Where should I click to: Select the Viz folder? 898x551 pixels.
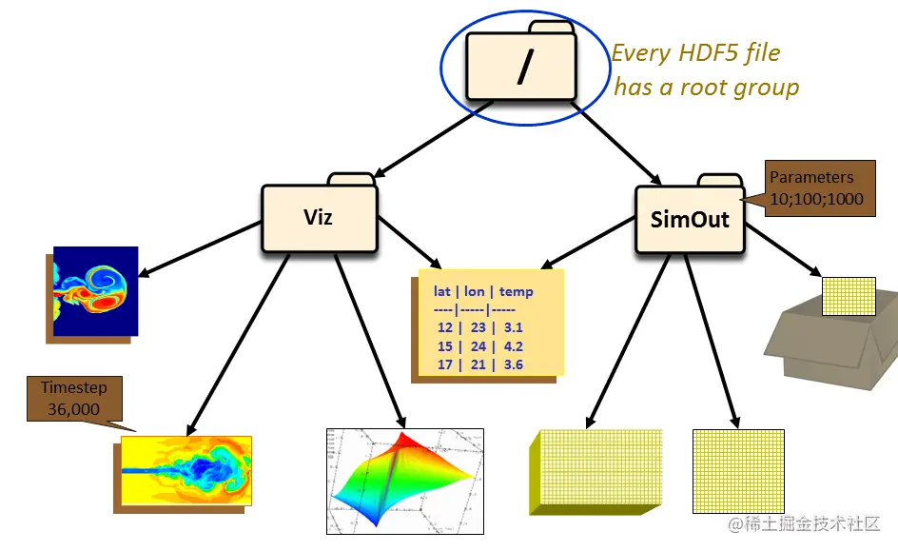(318, 217)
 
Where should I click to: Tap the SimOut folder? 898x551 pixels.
(689, 220)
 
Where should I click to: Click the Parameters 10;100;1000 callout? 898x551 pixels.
(820, 187)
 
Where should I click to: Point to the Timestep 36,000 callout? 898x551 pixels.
(73, 398)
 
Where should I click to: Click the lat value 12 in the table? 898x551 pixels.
(444, 327)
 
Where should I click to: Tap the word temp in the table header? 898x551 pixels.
(517, 292)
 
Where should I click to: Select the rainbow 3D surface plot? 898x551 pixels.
(404, 480)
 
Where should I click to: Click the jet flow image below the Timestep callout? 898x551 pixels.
(186, 469)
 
